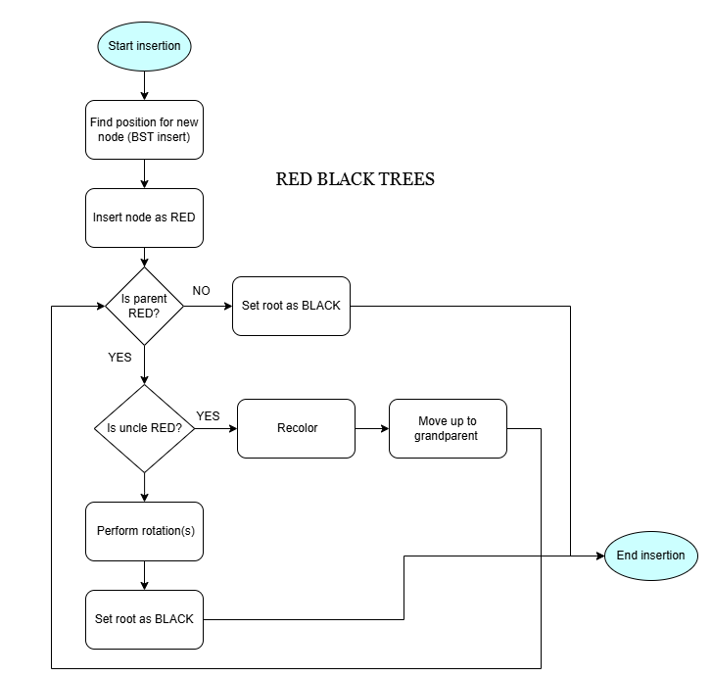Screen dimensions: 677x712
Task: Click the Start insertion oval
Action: (144, 46)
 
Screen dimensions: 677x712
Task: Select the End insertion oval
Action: (650, 556)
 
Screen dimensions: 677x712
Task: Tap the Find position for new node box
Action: (144, 129)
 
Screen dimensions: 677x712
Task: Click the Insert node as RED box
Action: (144, 218)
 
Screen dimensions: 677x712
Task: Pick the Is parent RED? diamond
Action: (144, 306)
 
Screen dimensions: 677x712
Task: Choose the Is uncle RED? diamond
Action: (144, 428)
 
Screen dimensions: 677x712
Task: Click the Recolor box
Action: (296, 428)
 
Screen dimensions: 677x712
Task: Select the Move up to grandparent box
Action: (448, 428)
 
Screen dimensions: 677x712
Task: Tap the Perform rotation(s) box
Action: (144, 531)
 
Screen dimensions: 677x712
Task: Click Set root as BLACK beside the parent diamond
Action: (291, 306)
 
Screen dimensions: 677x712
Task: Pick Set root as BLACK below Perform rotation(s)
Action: (144, 619)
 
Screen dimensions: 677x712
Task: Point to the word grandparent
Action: (446, 436)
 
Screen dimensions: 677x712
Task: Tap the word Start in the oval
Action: (121, 46)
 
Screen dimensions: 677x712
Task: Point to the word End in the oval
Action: (627, 556)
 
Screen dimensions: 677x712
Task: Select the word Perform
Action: (119, 531)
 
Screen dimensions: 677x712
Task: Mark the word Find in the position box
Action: (101, 122)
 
